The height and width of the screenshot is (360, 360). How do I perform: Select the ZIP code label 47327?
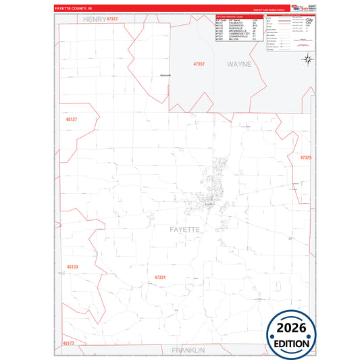118,19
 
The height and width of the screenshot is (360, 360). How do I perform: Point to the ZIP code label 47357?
199,63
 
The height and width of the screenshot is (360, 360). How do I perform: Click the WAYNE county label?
238,64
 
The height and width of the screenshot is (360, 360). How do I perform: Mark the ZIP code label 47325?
305,157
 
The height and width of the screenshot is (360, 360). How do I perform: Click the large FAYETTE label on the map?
182,230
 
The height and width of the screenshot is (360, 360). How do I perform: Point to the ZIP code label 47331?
160,277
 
